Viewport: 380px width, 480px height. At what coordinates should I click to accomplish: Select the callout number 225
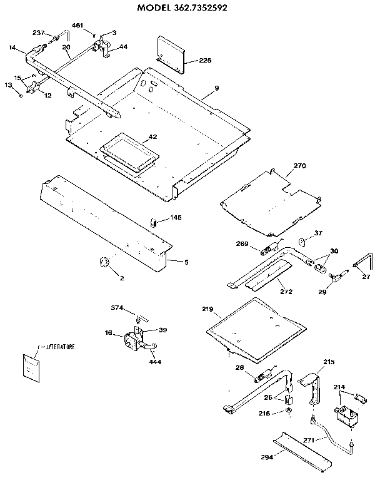205,61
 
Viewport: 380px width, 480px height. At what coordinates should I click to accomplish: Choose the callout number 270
299,167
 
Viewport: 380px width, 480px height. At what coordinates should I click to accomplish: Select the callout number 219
208,309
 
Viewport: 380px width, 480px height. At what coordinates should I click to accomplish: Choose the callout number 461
78,25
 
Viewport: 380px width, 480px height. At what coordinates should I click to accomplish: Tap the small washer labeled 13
21,95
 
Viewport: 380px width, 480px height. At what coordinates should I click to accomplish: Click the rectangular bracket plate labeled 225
171,54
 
